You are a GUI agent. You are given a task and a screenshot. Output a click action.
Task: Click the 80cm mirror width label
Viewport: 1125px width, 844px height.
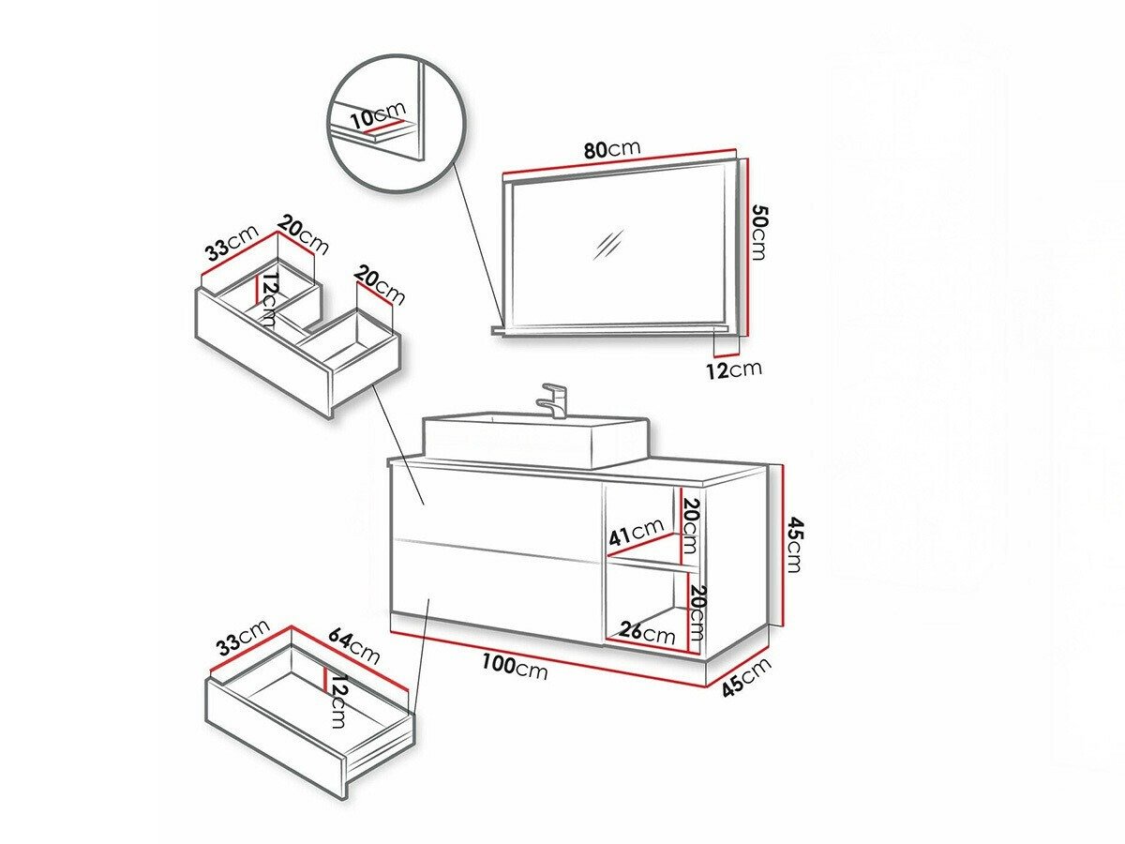(612, 150)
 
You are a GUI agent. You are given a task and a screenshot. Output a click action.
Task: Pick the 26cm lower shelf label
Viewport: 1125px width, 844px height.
(647, 632)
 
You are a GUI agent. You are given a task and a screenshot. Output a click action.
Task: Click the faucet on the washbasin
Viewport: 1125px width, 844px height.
(553, 399)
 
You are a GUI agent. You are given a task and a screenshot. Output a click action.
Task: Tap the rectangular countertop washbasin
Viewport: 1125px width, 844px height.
(534, 441)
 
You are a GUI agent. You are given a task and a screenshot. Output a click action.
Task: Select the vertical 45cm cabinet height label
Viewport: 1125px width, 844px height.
(793, 544)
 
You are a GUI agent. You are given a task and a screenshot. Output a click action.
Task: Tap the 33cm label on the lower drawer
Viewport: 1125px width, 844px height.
(241, 639)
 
